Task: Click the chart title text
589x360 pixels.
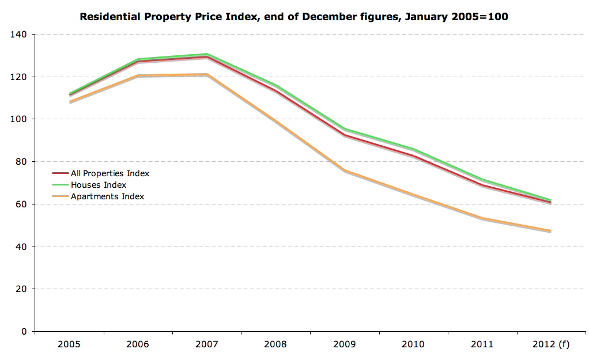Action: point(294,16)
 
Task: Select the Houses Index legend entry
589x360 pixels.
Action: point(99,185)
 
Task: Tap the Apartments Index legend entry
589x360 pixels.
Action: point(107,196)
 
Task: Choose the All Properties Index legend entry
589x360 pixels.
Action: point(110,173)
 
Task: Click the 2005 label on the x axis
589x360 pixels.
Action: point(69,344)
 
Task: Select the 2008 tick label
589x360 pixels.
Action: point(275,344)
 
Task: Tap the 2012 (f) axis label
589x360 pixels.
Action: point(551,344)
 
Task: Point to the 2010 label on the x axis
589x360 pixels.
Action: point(413,344)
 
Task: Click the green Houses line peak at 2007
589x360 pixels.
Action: point(207,54)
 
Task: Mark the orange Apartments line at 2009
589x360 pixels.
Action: point(345,170)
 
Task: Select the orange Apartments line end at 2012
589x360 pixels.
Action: point(551,231)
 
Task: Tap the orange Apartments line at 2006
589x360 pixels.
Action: point(138,75)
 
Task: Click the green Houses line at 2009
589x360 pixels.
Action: point(345,129)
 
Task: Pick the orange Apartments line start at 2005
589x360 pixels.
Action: point(69,102)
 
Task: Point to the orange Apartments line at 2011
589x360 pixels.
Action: point(482,218)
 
